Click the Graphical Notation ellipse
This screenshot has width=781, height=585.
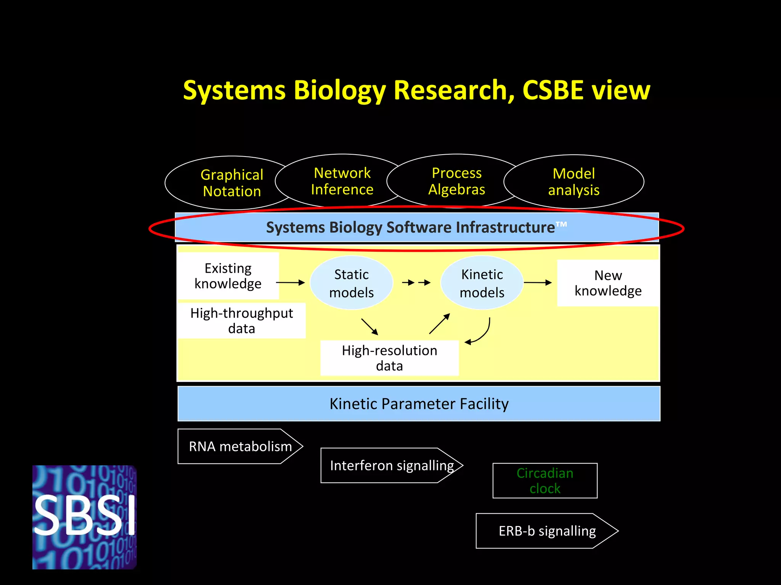point(232,183)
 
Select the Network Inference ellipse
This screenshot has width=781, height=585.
point(342,181)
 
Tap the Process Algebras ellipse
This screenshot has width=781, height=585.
point(456,181)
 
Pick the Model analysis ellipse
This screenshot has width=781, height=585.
point(574,182)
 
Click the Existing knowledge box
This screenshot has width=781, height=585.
point(228,276)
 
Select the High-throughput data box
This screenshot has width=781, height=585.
point(241,320)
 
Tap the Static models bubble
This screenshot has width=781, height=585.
point(351,283)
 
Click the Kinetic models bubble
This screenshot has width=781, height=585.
point(482,283)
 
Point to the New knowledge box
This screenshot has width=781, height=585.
point(608,283)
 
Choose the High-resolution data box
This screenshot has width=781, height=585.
point(389,358)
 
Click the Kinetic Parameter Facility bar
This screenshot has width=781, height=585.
point(419,404)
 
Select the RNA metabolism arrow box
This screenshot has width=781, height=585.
point(240,446)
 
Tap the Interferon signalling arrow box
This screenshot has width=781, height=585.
point(392,465)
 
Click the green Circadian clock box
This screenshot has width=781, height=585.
point(545,481)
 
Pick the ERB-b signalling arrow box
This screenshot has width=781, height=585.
point(547,531)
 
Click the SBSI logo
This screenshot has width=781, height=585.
point(84,517)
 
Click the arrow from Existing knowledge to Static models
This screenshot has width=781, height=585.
point(290,283)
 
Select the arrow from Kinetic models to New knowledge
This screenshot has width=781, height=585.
point(538,283)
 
